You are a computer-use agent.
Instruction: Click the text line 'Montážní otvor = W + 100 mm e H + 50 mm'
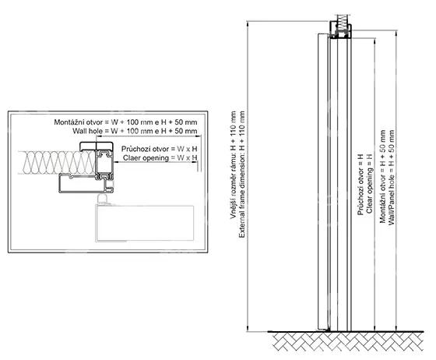[125, 122]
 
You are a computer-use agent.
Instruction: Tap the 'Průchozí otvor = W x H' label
[159, 149]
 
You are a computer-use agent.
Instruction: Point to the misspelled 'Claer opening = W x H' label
[160, 158]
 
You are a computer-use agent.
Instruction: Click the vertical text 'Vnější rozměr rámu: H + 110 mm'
[233, 165]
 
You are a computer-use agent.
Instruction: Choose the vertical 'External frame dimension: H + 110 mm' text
[242, 175]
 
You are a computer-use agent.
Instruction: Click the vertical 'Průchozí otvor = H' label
[360, 185]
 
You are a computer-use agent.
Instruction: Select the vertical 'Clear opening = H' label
[369, 183]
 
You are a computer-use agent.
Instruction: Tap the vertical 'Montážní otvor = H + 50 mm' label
[382, 176]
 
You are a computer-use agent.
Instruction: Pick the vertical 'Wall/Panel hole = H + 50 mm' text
[392, 177]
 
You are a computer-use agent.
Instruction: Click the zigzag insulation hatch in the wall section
[57, 163]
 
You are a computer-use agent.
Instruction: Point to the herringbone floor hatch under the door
[347, 342]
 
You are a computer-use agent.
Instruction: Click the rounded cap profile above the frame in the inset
[97, 146]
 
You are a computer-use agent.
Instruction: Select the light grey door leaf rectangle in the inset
[145, 223]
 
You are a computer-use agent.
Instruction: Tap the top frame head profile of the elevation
[341, 30]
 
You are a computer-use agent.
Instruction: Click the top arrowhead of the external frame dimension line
[247, 23]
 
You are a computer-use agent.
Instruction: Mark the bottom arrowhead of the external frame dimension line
[247, 329]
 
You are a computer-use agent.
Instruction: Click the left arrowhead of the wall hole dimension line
[99, 136]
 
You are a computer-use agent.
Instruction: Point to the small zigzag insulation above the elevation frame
[343, 20]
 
